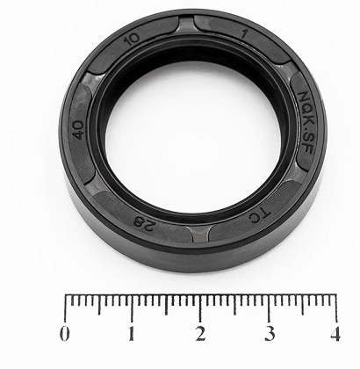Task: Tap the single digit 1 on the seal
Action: click(x=243, y=34)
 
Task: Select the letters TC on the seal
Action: click(x=260, y=216)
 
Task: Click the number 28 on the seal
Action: click(x=144, y=224)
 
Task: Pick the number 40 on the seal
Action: click(x=78, y=130)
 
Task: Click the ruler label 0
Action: click(x=65, y=334)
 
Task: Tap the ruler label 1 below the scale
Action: click(x=132, y=334)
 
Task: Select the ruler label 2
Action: click(x=200, y=334)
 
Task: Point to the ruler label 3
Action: click(x=270, y=334)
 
